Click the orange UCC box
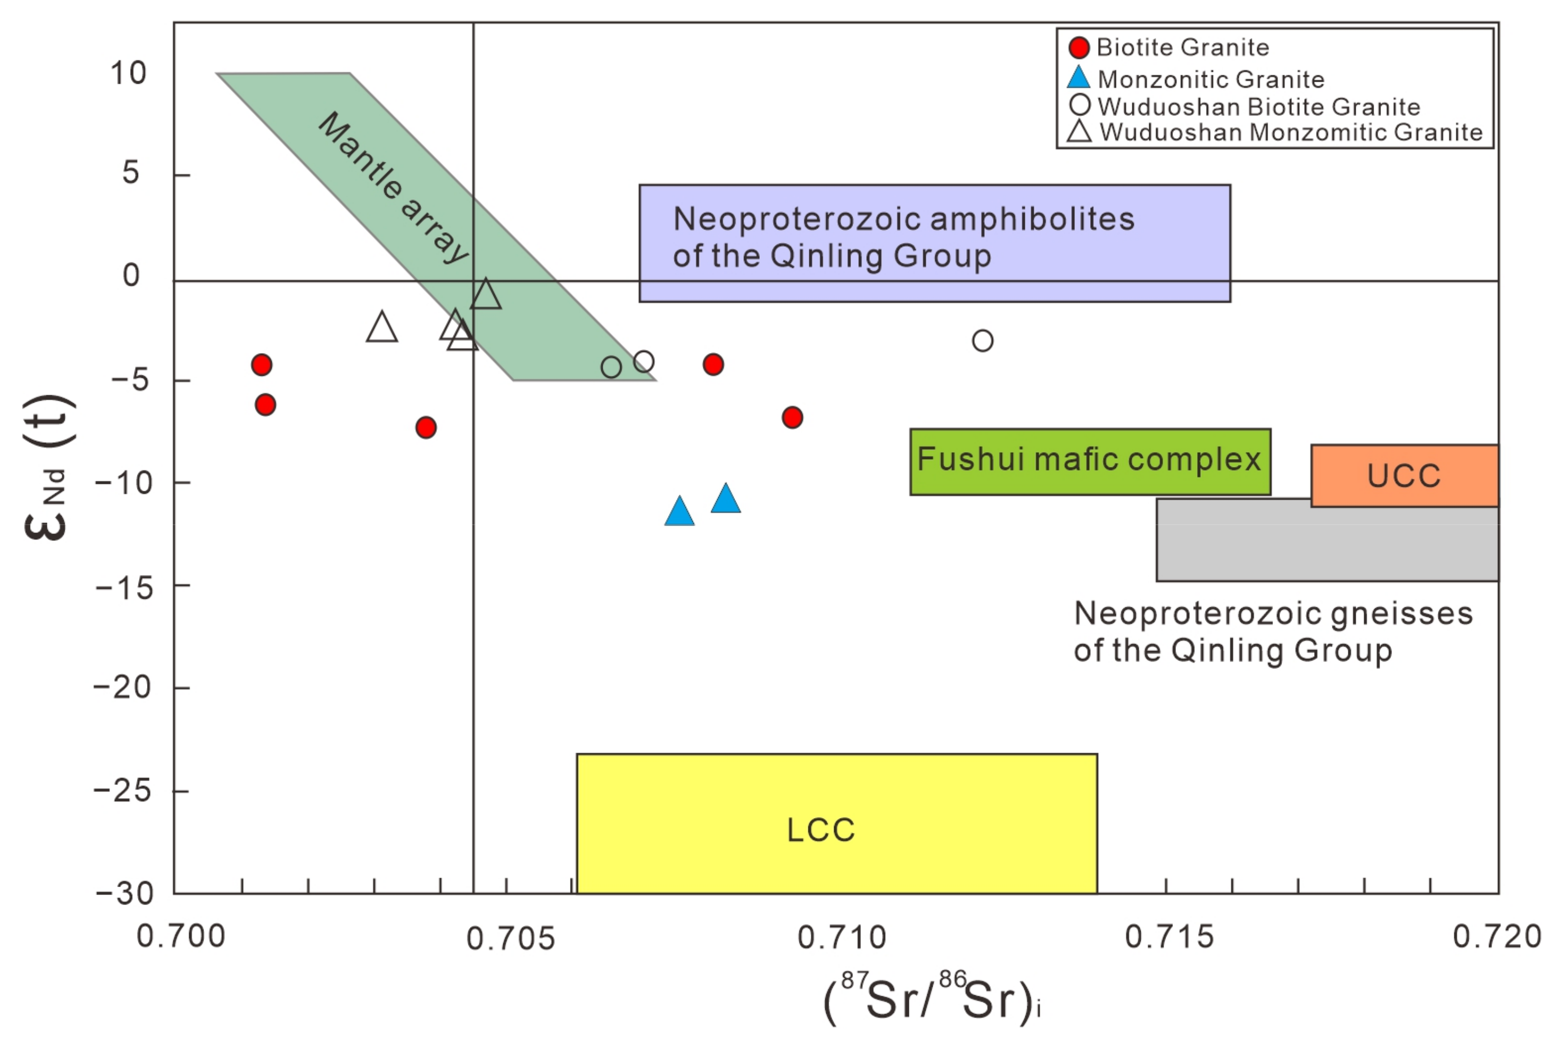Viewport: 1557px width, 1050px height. (x=1403, y=475)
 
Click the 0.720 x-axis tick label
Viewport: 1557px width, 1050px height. (x=1496, y=936)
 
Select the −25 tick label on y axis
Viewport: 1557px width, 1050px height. (x=122, y=791)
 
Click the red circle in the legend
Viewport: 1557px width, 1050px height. (x=1079, y=47)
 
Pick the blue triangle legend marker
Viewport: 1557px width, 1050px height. (x=1079, y=79)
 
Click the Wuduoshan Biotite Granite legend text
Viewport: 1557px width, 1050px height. (x=1258, y=106)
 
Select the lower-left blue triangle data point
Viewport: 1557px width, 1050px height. (x=679, y=512)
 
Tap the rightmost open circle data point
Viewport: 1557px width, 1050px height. (x=982, y=341)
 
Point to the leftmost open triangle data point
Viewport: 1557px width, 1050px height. (x=381, y=327)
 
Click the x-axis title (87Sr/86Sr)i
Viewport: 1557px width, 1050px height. (x=931, y=1000)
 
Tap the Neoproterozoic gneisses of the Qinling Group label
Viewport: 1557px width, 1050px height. (x=1272, y=631)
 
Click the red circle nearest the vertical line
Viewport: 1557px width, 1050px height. (x=426, y=427)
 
